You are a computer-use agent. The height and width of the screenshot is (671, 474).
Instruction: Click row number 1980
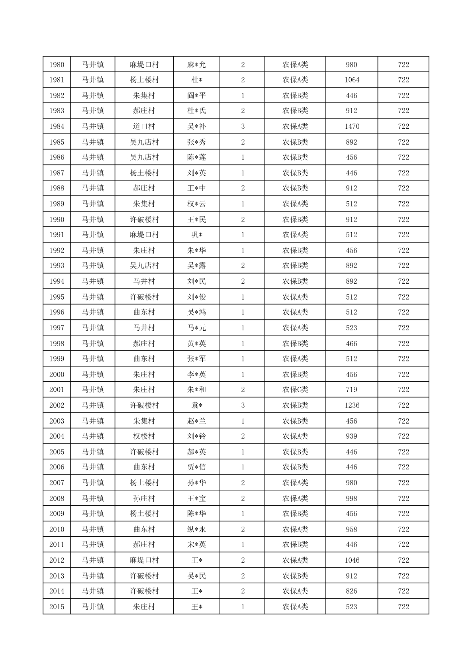(57, 65)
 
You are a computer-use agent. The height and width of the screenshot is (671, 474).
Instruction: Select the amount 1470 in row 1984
(352, 126)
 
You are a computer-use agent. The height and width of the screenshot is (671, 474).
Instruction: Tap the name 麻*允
(197, 65)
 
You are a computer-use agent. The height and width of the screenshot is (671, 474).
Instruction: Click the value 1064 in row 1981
(352, 80)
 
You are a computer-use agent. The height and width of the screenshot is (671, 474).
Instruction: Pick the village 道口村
(144, 126)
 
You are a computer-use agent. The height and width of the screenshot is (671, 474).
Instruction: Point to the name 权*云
(197, 204)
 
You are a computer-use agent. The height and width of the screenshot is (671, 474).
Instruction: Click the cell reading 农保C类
(295, 390)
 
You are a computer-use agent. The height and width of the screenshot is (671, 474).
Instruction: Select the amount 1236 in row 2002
(352, 405)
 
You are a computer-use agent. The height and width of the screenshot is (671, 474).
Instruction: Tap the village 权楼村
(144, 436)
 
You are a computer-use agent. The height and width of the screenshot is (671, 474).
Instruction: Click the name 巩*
(197, 235)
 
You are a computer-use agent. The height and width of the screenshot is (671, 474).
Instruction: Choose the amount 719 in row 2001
(352, 390)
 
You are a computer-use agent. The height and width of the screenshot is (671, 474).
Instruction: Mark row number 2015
(57, 607)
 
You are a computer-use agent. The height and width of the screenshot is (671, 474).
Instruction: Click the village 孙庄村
(144, 498)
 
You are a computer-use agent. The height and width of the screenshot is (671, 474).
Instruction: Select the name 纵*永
(197, 529)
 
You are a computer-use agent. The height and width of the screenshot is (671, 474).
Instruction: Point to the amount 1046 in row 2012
(352, 560)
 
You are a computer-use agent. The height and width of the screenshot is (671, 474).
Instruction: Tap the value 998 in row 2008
(352, 498)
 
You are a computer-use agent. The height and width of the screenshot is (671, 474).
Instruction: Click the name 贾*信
(197, 467)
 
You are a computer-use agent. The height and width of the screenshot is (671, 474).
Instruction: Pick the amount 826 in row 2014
(352, 591)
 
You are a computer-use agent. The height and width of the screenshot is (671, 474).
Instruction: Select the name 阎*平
(197, 95)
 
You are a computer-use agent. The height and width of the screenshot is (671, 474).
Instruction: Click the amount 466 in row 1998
(352, 343)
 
